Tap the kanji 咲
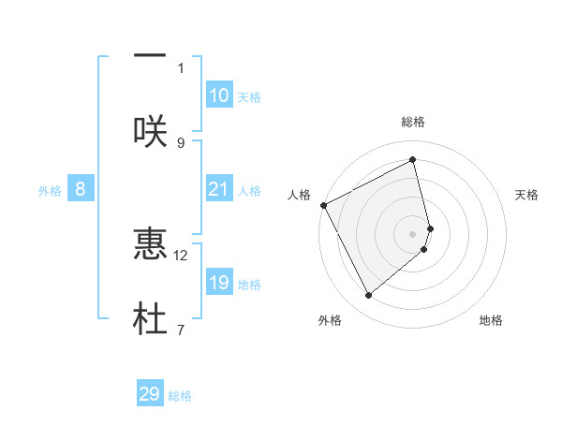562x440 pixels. pyautogui.click(x=150, y=130)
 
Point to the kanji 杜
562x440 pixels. pyautogui.click(x=150, y=318)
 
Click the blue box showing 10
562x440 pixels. pyautogui.click(x=219, y=95)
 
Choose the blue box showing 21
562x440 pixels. pyautogui.click(x=219, y=189)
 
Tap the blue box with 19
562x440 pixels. pyautogui.click(x=219, y=283)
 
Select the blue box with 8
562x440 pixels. pyautogui.click(x=81, y=189)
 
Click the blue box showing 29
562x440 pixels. pyautogui.click(x=150, y=394)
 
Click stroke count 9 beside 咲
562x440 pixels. pyautogui.click(x=181, y=142)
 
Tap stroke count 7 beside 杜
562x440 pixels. pyautogui.click(x=181, y=330)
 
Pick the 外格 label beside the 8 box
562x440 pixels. pyautogui.click(x=50, y=191)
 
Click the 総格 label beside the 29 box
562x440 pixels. pyautogui.click(x=180, y=396)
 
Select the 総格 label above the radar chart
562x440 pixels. pyautogui.click(x=412, y=122)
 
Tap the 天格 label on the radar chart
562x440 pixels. pyautogui.click(x=526, y=195)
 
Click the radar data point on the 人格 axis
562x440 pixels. pyautogui.click(x=323, y=205)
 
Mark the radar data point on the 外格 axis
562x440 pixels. pyautogui.click(x=368, y=296)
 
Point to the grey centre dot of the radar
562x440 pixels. pyautogui.click(x=412, y=233)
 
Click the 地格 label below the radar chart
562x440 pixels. pyautogui.click(x=491, y=320)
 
